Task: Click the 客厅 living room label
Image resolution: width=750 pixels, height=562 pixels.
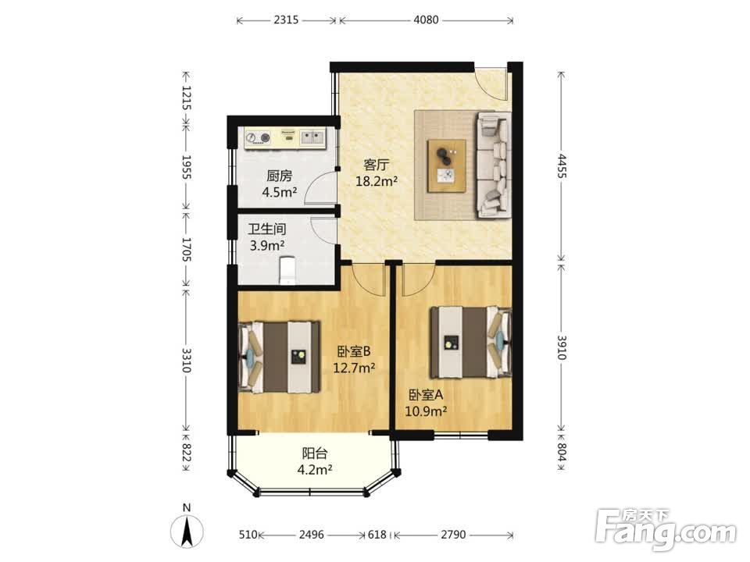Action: tap(376, 165)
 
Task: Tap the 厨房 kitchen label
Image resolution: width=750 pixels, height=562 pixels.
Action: tap(280, 176)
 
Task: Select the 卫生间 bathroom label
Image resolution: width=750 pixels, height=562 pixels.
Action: tap(267, 229)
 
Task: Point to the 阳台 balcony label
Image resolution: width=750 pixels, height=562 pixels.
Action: tap(315, 453)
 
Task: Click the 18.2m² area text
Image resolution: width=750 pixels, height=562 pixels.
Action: tap(377, 181)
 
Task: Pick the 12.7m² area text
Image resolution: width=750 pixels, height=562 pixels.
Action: tap(354, 368)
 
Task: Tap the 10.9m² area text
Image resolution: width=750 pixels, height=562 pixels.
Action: tap(426, 411)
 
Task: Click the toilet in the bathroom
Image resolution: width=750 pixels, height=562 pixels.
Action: tap(287, 271)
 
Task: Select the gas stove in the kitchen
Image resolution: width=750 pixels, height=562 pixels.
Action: tap(258, 138)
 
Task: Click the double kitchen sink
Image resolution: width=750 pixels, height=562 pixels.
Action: tap(312, 137)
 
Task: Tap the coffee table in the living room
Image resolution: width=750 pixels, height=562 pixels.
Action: tap(447, 165)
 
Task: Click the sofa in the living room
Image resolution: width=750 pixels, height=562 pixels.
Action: tap(493, 165)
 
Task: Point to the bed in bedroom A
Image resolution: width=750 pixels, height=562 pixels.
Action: tap(470, 342)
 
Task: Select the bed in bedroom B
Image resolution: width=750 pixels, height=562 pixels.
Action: tap(280, 357)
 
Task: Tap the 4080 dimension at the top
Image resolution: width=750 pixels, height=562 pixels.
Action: tap(426, 20)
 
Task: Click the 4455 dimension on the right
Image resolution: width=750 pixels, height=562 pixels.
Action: tap(562, 165)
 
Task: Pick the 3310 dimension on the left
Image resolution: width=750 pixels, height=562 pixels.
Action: tap(187, 361)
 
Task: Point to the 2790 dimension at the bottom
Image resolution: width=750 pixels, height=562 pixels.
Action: tap(453, 534)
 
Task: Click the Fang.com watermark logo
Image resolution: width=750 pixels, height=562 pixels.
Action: tap(666, 530)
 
